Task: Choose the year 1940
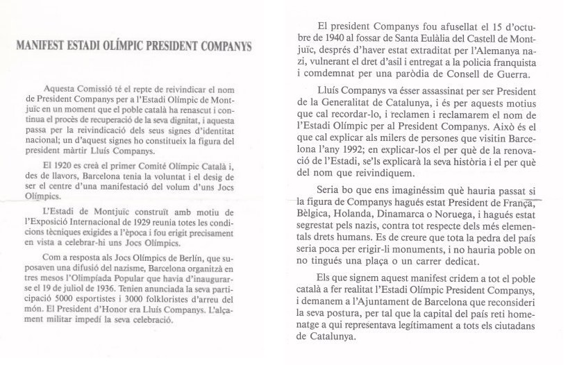point(322,31)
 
